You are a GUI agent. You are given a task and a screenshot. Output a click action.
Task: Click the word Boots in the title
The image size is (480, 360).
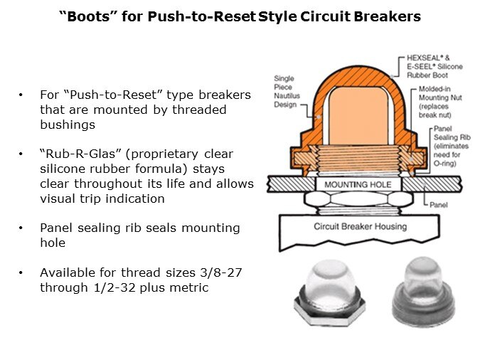[x=88, y=16]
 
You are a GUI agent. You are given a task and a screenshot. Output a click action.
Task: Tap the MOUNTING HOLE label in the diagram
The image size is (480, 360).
[x=358, y=185]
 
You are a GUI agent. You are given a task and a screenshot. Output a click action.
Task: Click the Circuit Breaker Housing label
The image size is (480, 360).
[x=361, y=226]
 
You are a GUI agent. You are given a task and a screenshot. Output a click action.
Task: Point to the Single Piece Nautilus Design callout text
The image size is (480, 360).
[x=287, y=91]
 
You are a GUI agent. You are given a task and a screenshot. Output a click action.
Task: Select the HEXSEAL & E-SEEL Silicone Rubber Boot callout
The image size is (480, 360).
[x=434, y=66]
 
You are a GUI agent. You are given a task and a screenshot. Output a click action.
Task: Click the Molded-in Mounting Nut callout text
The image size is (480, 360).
[x=440, y=102]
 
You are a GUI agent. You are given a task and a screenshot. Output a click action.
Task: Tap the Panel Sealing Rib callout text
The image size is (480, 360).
[x=452, y=146]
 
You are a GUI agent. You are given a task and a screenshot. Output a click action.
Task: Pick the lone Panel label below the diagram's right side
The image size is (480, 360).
[x=438, y=205]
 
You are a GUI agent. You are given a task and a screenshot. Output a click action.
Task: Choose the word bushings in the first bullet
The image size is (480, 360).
[x=68, y=125]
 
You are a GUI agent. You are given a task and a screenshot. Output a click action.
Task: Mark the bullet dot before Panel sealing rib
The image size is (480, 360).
[x=21, y=228]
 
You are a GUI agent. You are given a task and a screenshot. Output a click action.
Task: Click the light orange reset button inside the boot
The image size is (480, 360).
[x=358, y=116]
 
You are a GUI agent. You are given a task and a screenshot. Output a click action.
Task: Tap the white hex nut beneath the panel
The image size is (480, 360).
[x=358, y=198]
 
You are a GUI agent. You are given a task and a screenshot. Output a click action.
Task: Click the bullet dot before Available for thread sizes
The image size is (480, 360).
[x=21, y=272]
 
